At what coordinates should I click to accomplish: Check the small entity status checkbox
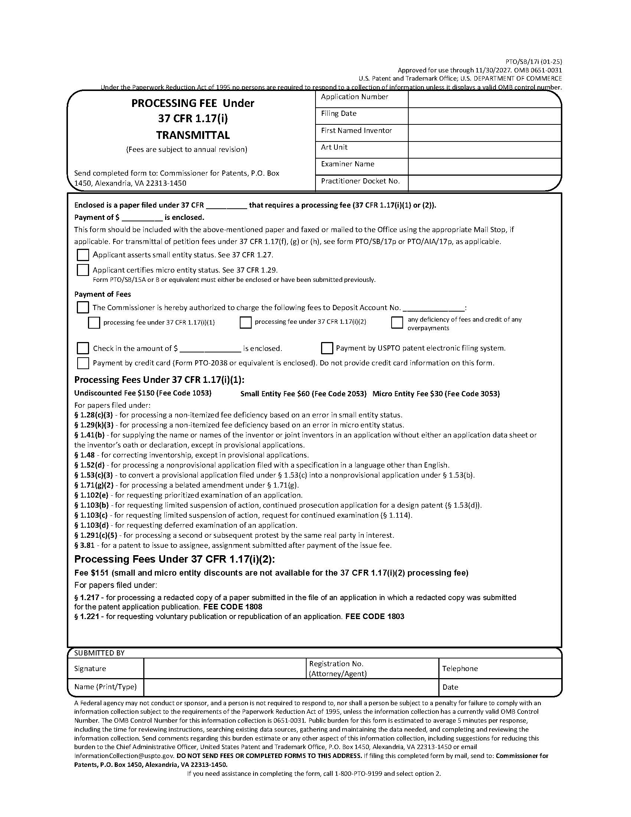click(83, 255)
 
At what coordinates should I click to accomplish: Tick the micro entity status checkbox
click(83, 270)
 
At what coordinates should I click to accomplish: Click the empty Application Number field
click(484, 100)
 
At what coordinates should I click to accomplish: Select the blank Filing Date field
click(484, 116)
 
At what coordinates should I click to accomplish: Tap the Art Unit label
click(334, 147)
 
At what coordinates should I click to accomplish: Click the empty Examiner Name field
click(484, 166)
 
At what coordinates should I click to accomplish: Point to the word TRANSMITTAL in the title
click(193, 135)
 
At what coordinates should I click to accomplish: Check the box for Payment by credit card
click(83, 363)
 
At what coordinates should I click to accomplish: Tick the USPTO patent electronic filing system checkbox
click(327, 348)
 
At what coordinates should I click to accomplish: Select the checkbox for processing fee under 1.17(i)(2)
click(245, 322)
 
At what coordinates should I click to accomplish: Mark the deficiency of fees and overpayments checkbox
click(397, 322)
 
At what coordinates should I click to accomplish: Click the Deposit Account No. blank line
click(434, 308)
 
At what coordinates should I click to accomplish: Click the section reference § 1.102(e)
click(91, 495)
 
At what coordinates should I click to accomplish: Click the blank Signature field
click(224, 668)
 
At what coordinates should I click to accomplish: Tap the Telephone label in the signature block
click(460, 668)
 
